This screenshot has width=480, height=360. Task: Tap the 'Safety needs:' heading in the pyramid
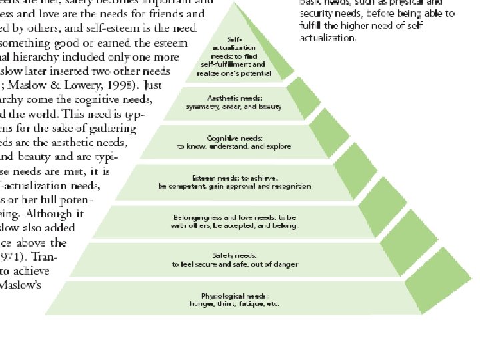click(x=233, y=256)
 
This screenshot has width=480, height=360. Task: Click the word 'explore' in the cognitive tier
click(x=279, y=146)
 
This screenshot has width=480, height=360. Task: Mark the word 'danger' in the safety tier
click(x=283, y=265)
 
